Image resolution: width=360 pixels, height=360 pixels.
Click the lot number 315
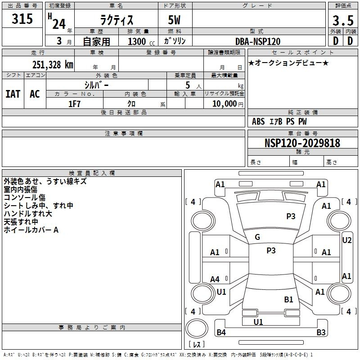point(22,19)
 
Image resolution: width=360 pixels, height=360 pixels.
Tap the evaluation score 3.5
point(342,21)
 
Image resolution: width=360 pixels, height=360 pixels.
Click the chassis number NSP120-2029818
point(302,143)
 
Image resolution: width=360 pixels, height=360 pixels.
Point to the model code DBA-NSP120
point(258,41)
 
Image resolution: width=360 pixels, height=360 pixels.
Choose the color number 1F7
point(75,104)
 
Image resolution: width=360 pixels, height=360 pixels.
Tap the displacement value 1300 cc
point(137,41)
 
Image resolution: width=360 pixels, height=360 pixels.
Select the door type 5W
point(175,21)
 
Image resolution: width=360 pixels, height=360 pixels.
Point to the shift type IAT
point(13,94)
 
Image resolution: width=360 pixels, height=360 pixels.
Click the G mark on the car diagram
point(257,237)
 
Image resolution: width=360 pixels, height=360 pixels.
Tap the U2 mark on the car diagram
point(346,240)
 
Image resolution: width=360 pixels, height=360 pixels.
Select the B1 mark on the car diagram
point(288,299)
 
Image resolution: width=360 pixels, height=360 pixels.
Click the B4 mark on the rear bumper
point(221,333)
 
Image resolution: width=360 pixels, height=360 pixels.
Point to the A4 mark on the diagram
point(215,279)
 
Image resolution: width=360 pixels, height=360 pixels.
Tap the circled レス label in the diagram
point(196,345)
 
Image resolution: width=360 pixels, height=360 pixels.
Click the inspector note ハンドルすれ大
point(28,214)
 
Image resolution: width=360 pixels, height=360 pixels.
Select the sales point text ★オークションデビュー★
point(288,63)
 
